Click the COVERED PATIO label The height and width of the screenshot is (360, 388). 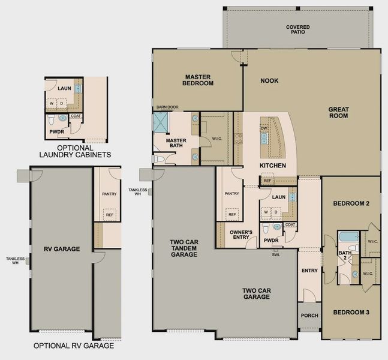298,30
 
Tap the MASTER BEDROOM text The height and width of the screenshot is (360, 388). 199,80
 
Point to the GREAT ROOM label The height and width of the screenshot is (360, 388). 338,112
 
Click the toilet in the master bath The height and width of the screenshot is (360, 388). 159,159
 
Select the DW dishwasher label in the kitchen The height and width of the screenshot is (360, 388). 264,128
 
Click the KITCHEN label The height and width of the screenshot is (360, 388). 272,166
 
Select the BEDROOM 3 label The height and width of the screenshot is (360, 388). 351,313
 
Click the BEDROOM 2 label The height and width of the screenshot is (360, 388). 351,203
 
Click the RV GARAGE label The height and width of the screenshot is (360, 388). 62,248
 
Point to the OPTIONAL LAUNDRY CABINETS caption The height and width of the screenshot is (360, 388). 75,151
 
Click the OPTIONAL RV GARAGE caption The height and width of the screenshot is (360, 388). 73,346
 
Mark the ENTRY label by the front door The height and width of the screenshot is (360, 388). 309,271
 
